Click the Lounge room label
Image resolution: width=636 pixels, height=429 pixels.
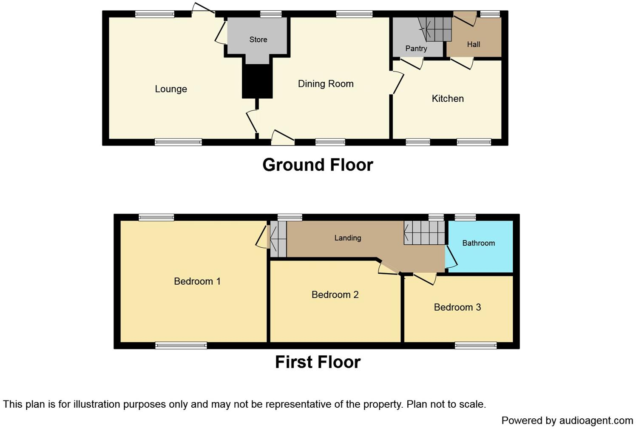click(170, 89)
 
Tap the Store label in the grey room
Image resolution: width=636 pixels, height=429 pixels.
click(258, 40)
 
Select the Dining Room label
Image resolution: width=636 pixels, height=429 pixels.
click(326, 84)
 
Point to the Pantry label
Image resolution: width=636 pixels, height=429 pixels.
click(416, 49)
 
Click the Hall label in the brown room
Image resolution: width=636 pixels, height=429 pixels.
click(473, 44)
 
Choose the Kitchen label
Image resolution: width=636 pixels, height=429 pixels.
click(448, 99)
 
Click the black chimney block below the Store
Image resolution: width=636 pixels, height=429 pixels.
click(257, 81)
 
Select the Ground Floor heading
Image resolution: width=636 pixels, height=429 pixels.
click(318, 165)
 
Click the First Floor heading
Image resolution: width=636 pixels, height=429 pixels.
click(318, 362)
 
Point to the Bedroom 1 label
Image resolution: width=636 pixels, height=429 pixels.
click(197, 281)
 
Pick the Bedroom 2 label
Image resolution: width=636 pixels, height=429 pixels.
click(335, 295)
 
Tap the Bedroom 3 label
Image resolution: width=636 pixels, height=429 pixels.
click(457, 307)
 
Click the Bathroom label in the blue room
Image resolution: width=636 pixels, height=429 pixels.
click(478, 243)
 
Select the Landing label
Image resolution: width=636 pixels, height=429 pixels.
click(347, 238)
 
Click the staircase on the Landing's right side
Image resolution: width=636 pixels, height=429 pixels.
click(423, 232)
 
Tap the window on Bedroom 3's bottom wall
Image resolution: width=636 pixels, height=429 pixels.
click(475, 346)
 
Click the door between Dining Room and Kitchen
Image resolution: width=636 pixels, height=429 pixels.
click(397, 83)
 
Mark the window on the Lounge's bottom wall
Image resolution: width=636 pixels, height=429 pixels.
click(178, 142)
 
